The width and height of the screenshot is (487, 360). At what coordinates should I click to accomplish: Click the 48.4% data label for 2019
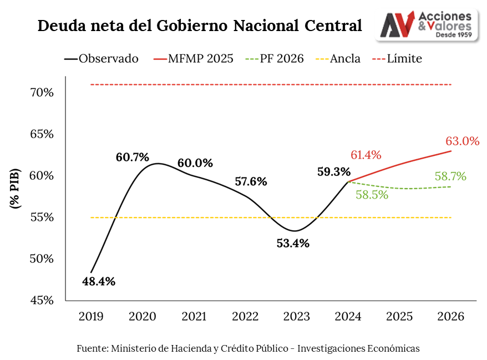click(99, 281)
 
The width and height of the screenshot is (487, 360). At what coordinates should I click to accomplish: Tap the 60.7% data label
click(133, 157)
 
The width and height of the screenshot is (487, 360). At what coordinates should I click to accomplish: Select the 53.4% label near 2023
click(293, 243)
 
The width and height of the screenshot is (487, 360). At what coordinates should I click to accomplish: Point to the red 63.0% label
click(462, 141)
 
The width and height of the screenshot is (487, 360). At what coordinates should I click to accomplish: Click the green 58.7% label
click(450, 177)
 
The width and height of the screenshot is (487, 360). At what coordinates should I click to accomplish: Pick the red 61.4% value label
click(366, 155)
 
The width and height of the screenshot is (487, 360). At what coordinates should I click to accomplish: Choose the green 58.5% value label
click(372, 195)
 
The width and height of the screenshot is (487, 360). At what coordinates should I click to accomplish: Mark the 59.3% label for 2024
click(334, 171)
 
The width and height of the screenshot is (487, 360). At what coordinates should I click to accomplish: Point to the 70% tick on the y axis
click(42, 92)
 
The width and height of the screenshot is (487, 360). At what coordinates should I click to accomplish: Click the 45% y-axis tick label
click(42, 300)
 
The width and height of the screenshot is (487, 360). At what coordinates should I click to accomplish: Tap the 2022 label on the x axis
click(245, 317)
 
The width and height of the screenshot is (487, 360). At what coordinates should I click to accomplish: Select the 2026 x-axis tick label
click(450, 317)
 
